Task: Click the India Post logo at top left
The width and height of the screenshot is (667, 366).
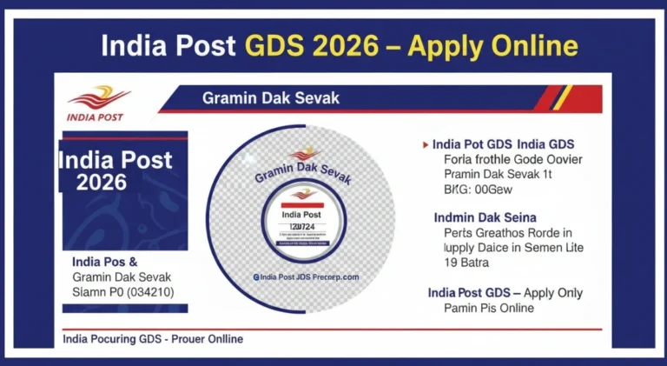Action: tap(96, 102)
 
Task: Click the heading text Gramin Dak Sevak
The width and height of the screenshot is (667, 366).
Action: tap(271, 97)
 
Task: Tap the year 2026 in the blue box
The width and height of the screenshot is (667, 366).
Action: tap(102, 182)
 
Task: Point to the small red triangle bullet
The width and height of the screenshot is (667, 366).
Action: tap(425, 144)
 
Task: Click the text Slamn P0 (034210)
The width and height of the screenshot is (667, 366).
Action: tap(122, 291)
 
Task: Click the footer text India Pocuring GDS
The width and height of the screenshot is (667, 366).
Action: tap(152, 338)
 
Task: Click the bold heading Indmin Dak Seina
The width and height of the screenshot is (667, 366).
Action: tap(485, 216)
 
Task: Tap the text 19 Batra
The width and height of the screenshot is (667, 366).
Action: tap(466, 263)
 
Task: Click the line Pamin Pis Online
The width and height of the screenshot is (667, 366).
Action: tap(489, 308)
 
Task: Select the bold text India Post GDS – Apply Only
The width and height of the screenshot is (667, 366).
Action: tap(505, 292)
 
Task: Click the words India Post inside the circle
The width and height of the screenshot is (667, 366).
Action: tap(300, 214)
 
